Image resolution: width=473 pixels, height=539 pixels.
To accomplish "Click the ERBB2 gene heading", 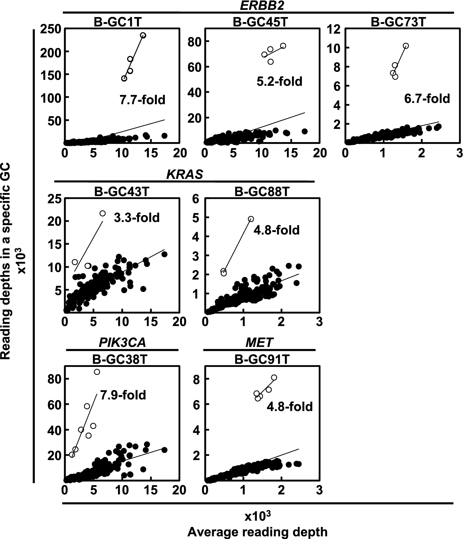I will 259,5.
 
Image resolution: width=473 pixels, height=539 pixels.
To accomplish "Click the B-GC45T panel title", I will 260,22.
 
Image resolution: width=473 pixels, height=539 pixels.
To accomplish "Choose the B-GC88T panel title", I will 262,192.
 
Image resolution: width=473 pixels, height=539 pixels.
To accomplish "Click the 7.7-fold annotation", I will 142,100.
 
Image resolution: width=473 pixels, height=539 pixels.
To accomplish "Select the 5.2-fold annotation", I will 279,81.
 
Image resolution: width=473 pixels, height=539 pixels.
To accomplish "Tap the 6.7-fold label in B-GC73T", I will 427,99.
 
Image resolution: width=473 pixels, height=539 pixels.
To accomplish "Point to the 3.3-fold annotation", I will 137,218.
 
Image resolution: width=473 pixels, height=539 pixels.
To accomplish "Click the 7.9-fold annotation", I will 123,395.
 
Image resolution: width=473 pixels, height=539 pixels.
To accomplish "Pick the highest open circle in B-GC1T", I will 143,35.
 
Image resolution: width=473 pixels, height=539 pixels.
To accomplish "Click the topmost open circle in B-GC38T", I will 97,372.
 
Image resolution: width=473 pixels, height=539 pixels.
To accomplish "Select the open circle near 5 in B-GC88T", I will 251,219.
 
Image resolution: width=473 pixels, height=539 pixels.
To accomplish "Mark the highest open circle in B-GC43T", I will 103,213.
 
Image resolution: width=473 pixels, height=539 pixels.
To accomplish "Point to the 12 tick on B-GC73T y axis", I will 334,29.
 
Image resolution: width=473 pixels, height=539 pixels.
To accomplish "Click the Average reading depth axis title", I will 257,532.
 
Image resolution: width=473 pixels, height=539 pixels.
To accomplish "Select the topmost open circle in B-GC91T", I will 274,378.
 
